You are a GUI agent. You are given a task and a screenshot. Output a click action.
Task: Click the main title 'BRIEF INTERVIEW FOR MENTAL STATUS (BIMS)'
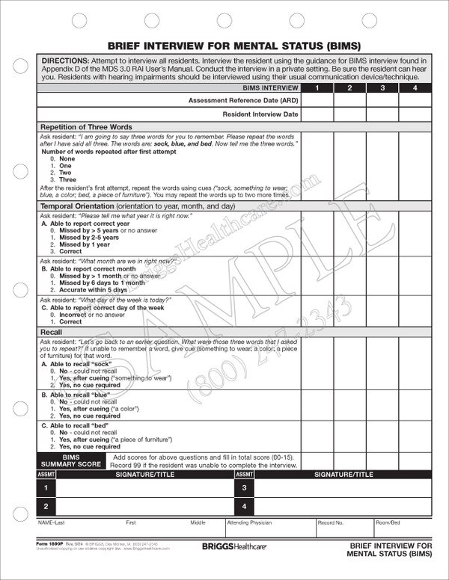[x=224, y=43]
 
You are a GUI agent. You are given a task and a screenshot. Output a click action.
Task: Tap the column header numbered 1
[x=317, y=89]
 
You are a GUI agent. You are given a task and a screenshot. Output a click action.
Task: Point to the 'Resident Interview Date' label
[x=261, y=114]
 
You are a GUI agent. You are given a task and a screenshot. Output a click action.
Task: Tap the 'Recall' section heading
[x=51, y=331]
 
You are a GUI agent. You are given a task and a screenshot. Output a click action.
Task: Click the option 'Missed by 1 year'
[x=79, y=245]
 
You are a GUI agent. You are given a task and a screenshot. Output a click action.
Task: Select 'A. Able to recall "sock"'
[x=77, y=363]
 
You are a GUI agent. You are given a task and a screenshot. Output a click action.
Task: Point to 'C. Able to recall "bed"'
[x=76, y=425]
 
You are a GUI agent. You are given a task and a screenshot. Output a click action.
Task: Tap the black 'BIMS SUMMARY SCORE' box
[x=71, y=460]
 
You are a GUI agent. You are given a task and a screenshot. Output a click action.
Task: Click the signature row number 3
[x=245, y=488]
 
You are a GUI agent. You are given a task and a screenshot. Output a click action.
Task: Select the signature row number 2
[x=46, y=507]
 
